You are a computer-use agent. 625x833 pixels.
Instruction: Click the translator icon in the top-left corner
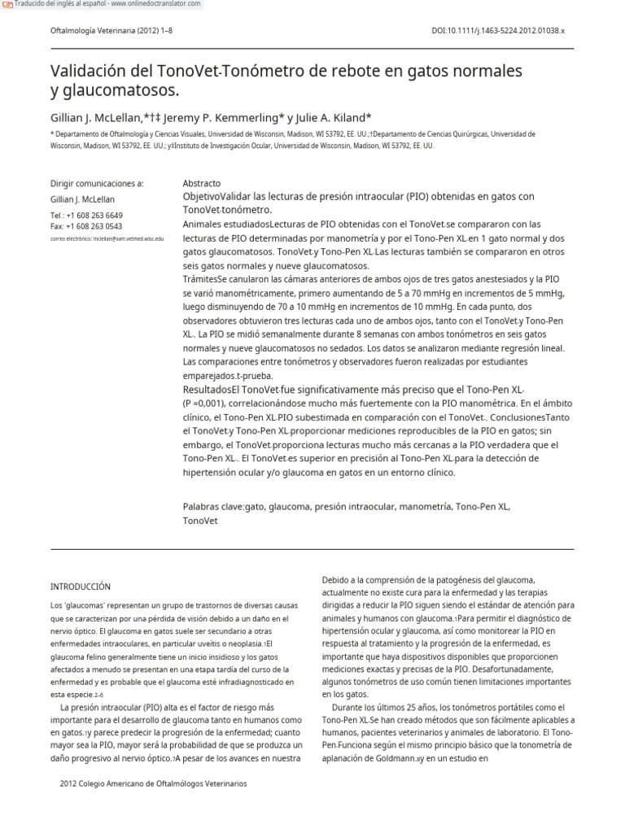click(x=7, y=5)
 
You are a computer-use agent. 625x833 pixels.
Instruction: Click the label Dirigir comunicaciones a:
click(x=97, y=184)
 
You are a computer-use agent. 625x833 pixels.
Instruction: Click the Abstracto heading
click(x=202, y=184)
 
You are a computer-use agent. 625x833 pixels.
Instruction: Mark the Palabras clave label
click(x=213, y=506)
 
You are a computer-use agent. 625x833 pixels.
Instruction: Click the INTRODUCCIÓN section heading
click(x=81, y=587)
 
